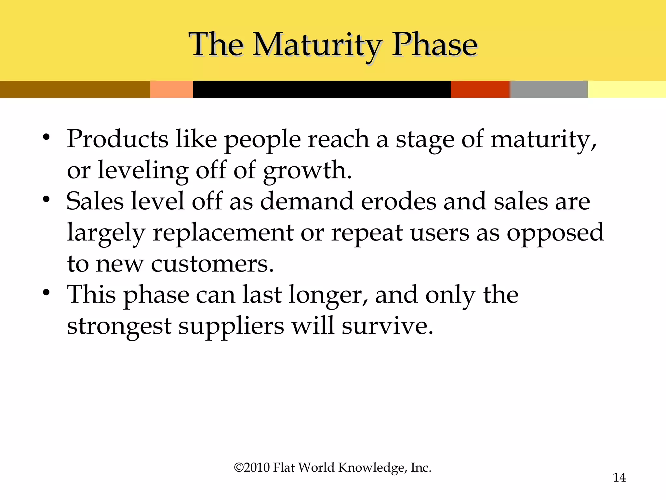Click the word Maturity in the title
[317, 46]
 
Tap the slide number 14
[619, 478]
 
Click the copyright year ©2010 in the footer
[252, 467]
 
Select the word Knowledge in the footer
[372, 468]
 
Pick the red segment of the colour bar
[480, 89]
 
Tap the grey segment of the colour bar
[549, 89]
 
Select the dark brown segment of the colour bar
[75, 89]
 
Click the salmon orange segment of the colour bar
[171, 89]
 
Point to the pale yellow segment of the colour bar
[627, 89]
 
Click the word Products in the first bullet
[117, 139]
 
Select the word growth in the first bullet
[307, 171]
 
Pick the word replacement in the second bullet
[223, 233]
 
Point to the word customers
[212, 264]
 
